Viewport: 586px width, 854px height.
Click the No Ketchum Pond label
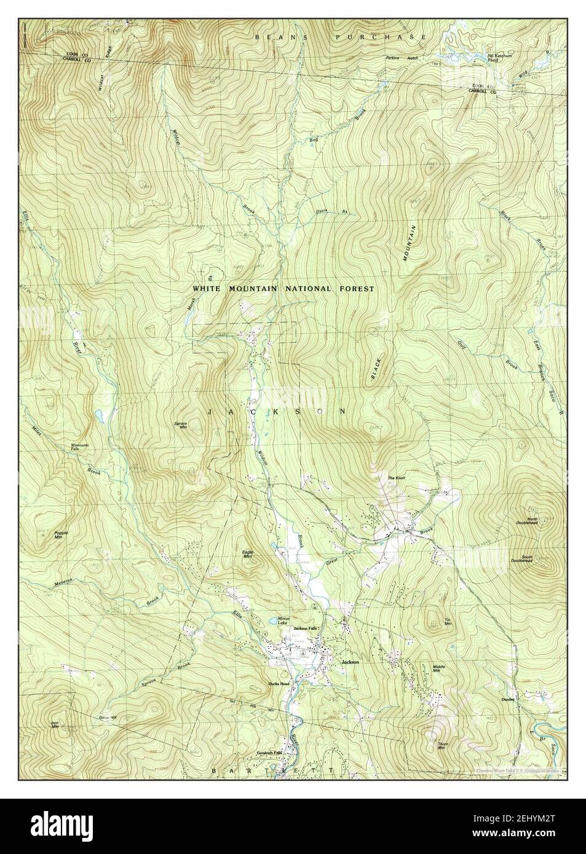click(x=496, y=58)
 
